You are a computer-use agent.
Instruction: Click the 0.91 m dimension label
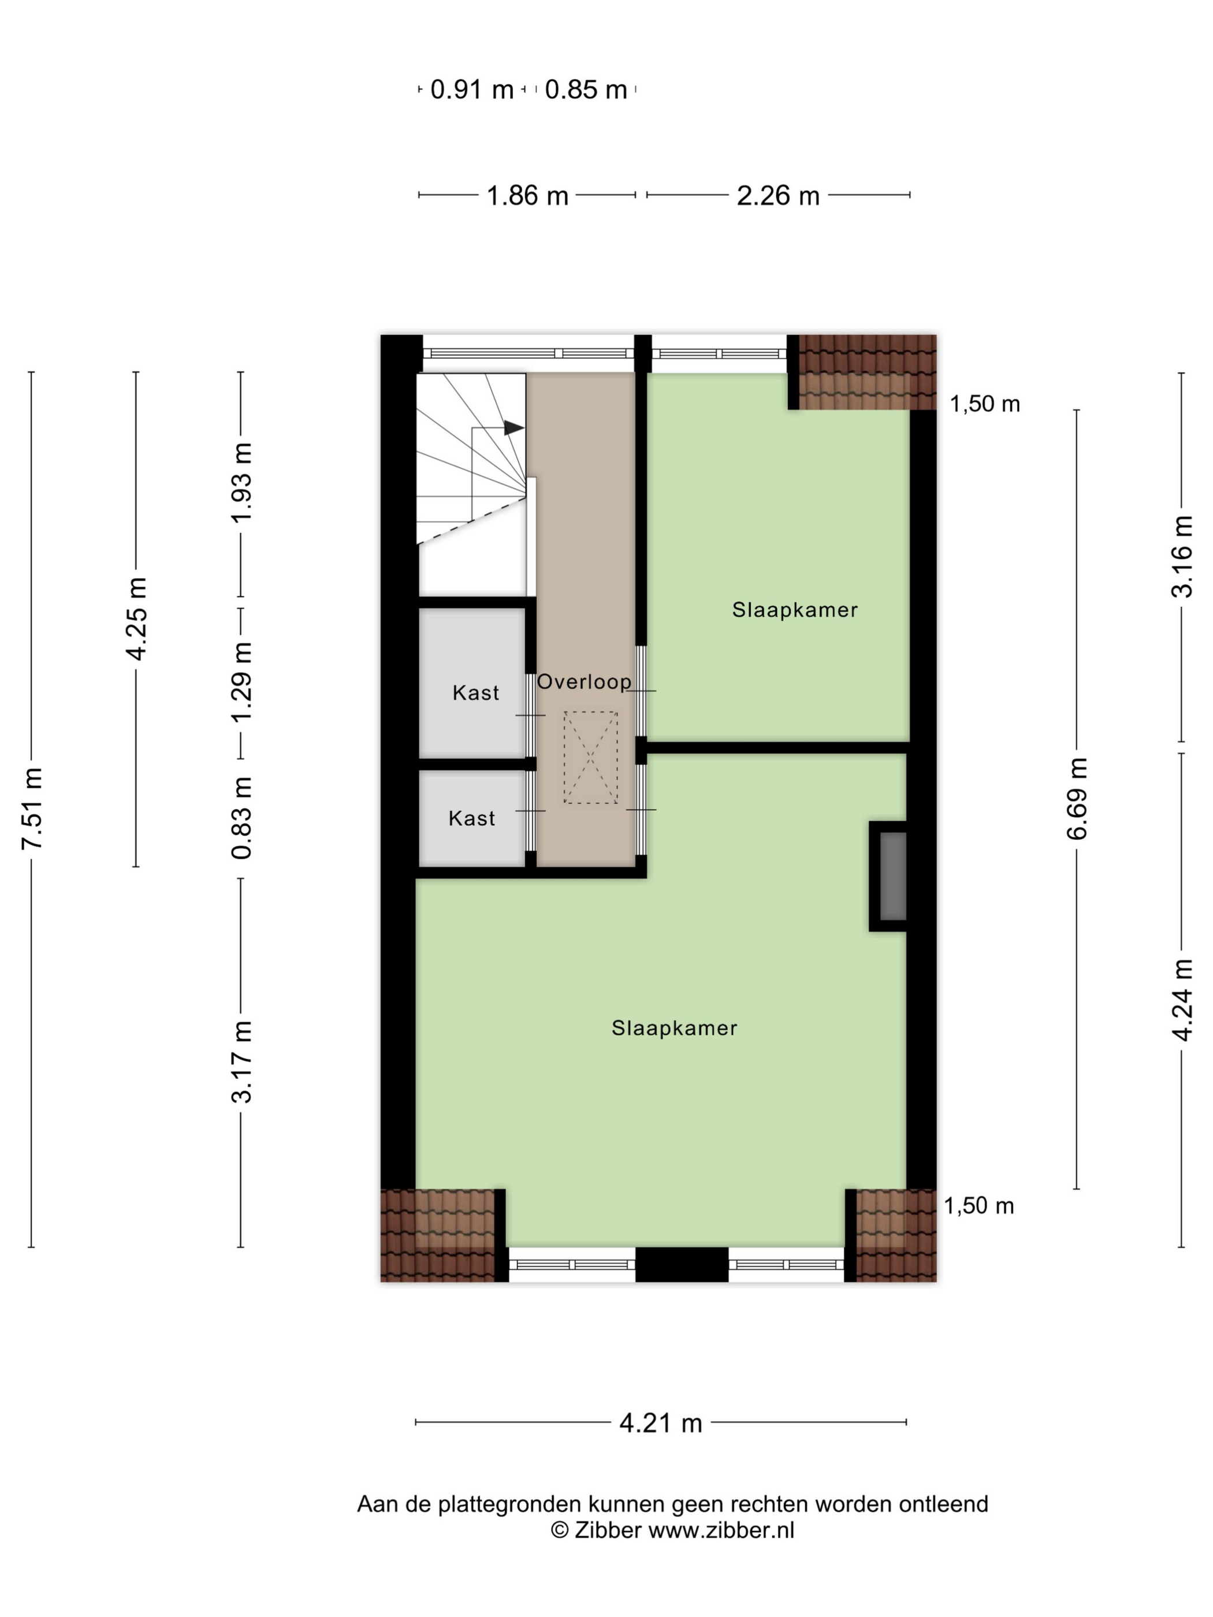tap(471, 90)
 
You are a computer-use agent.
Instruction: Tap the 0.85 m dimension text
tap(586, 90)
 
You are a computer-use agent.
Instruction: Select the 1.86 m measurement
tap(527, 196)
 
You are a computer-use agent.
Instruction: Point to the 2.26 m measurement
tap(777, 196)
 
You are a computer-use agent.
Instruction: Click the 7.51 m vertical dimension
tap(32, 808)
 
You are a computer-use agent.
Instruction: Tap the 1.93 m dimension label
tap(241, 482)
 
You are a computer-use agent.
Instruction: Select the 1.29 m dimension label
tap(241, 681)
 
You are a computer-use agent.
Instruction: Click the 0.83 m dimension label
tap(241, 817)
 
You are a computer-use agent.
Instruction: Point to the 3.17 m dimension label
tap(241, 1062)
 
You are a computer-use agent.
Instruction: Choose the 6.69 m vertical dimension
tap(1077, 798)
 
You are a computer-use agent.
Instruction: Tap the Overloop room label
tap(584, 682)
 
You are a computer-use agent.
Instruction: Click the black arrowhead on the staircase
tap(514, 428)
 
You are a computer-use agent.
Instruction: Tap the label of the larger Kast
tap(475, 693)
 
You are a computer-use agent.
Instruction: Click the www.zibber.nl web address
tap(721, 1530)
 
